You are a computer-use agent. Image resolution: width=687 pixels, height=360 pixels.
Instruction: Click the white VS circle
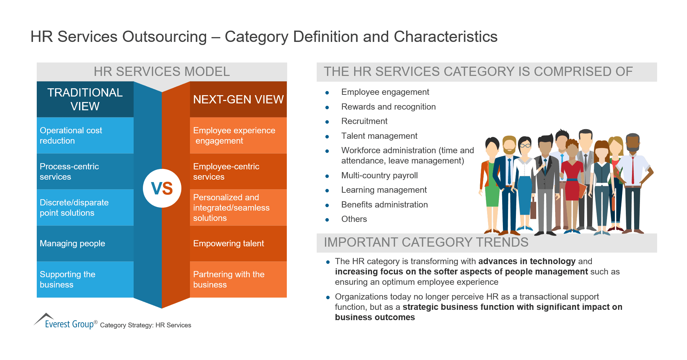click(x=162, y=188)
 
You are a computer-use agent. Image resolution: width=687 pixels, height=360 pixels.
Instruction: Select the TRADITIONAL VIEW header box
click(x=85, y=99)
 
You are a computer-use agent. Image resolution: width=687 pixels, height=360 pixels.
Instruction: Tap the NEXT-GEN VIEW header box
click(x=238, y=99)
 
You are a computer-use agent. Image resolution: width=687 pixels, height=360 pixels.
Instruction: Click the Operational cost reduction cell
click(x=85, y=135)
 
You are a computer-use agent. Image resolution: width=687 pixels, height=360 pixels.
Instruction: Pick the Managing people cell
click(x=85, y=243)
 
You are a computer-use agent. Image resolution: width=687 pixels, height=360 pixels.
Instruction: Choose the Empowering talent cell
click(x=238, y=243)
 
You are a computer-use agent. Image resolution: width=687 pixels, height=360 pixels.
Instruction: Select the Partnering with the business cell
click(x=238, y=279)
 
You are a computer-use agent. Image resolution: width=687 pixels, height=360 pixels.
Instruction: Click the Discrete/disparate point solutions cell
click(x=85, y=207)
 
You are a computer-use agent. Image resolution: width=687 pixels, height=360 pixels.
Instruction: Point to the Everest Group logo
click(x=65, y=322)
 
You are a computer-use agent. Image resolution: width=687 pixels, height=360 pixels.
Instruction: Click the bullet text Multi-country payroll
click(x=379, y=176)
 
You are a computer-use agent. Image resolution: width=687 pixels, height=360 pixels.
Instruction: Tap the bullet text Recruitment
click(x=364, y=121)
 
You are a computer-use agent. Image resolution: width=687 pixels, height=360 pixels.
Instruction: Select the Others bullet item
click(x=354, y=219)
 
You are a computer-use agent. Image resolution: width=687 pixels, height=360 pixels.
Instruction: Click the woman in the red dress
click(x=572, y=182)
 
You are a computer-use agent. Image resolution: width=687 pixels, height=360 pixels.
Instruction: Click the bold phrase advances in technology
click(x=527, y=261)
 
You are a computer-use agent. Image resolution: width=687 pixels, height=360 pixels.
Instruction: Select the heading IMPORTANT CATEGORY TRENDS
click(x=426, y=243)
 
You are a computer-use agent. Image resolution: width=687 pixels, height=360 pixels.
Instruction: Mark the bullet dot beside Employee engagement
click(x=327, y=93)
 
